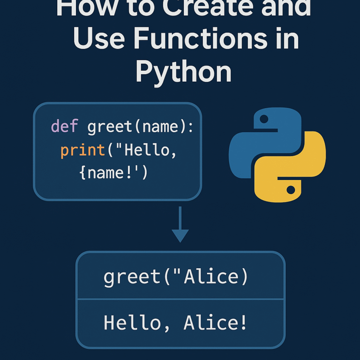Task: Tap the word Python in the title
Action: click(184, 72)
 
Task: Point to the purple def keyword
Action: click(65, 127)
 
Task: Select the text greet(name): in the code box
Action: click(140, 127)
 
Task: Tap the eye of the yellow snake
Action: click(291, 189)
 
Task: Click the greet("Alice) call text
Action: click(176, 277)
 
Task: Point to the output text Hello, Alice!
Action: click(175, 323)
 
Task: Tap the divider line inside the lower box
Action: click(180, 299)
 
